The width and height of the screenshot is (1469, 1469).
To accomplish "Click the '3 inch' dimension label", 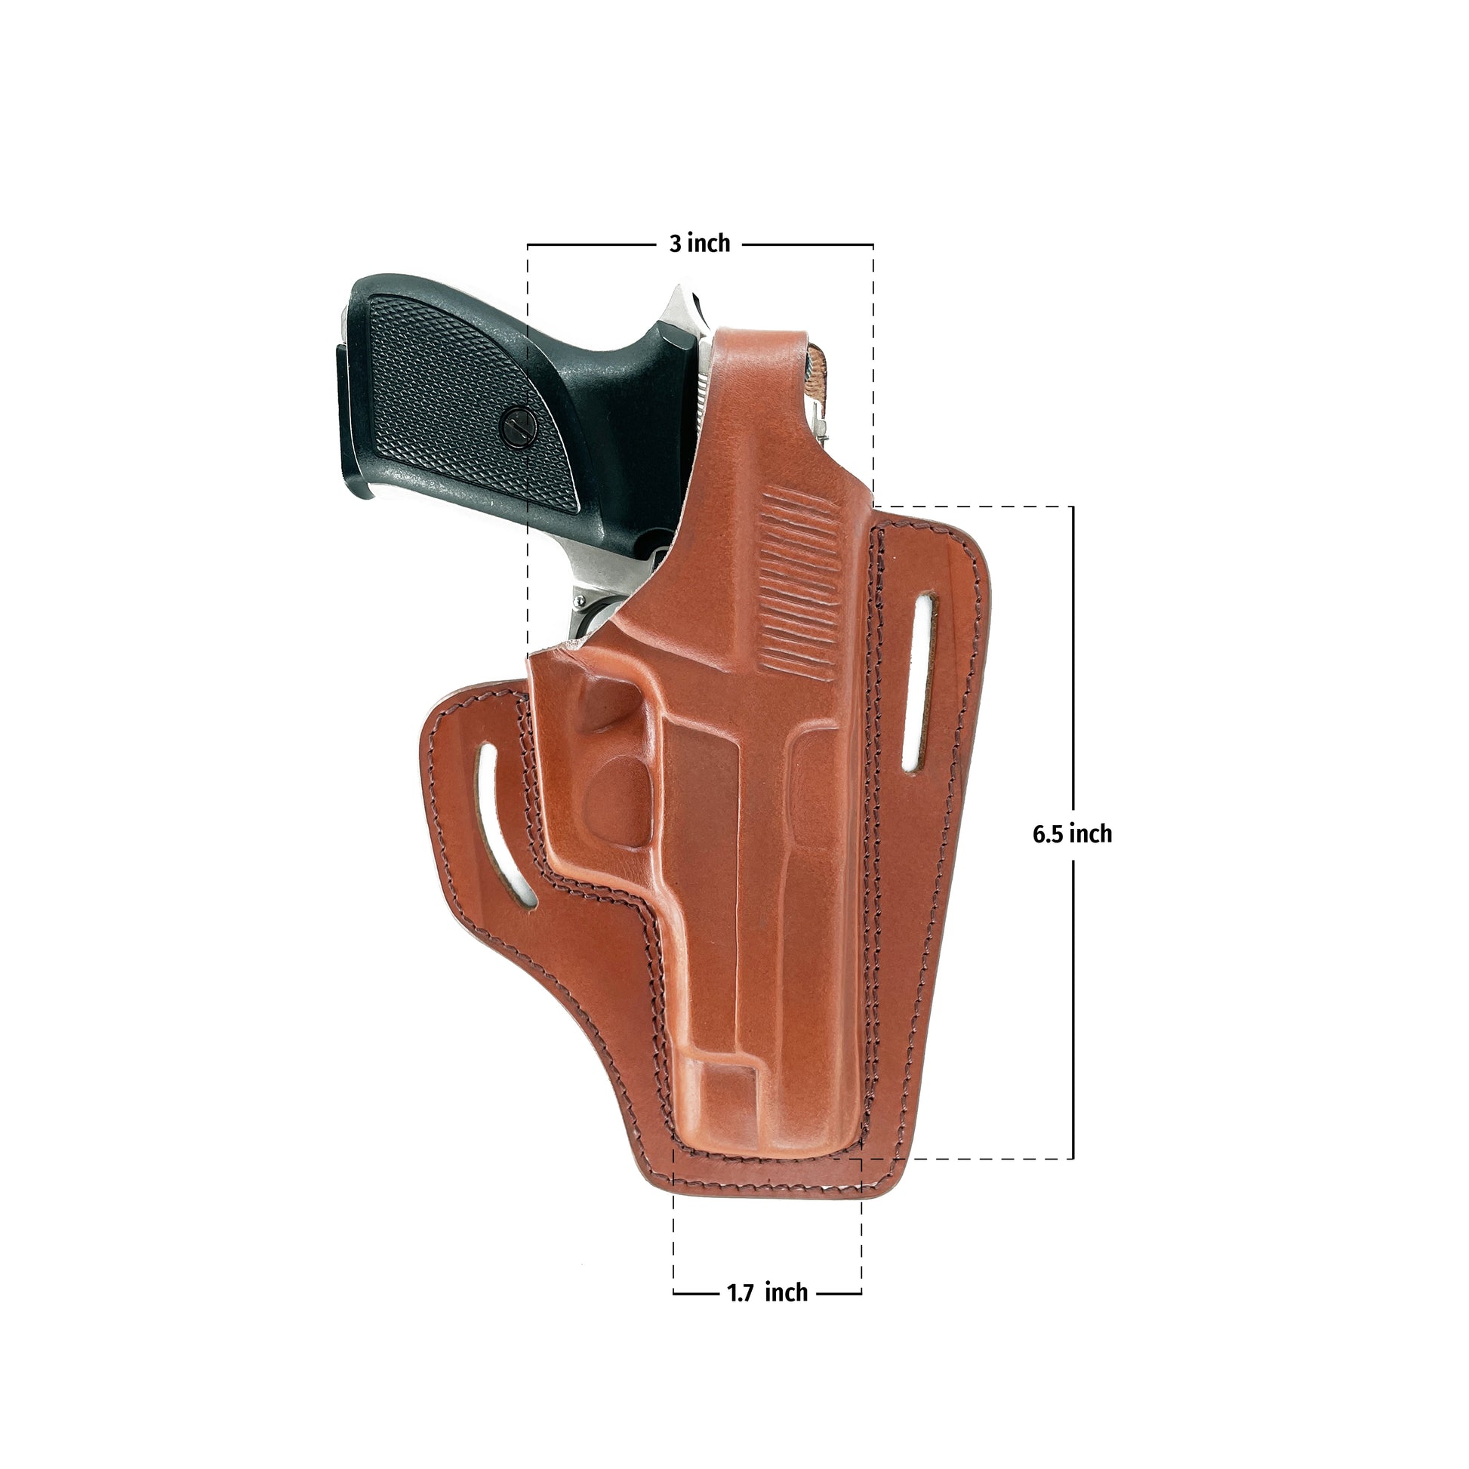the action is pos(700,243).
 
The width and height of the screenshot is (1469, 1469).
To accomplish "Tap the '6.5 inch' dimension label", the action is pos(1072,834).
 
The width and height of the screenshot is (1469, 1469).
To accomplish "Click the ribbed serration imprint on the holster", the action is pos(799,584).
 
